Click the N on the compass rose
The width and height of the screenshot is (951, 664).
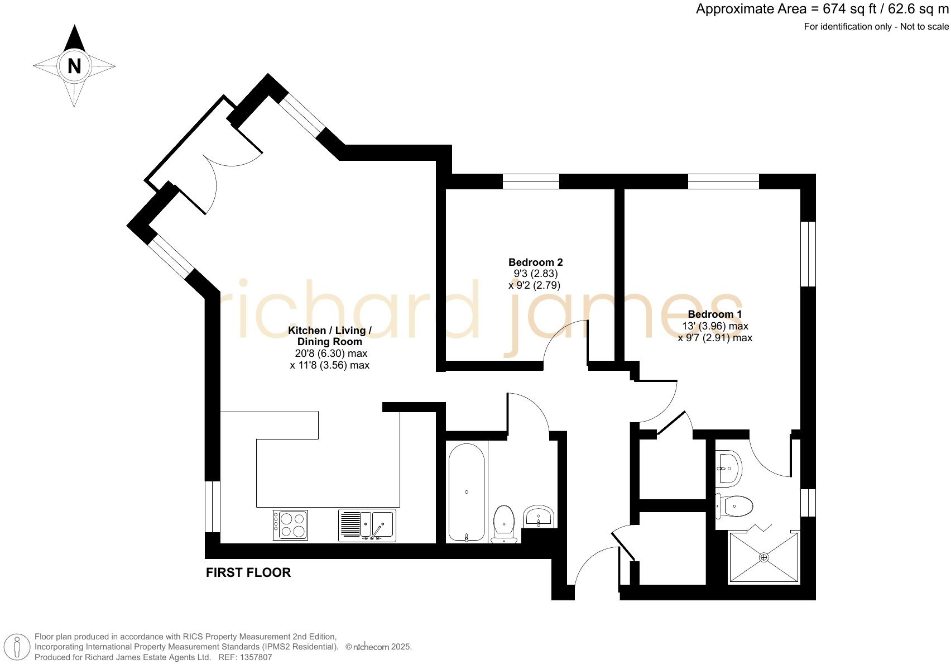(74, 66)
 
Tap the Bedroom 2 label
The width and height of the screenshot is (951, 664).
(535, 262)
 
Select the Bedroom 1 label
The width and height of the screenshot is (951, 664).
(714, 314)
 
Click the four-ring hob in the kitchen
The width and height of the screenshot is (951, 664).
(290, 525)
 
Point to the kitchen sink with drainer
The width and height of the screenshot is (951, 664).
(367, 526)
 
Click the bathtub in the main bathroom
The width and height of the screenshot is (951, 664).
(466, 492)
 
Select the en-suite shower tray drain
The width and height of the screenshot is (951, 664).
(764, 557)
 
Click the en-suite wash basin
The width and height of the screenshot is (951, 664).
(729, 468)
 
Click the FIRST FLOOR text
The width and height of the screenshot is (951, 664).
(248, 572)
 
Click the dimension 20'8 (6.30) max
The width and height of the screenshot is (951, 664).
(331, 354)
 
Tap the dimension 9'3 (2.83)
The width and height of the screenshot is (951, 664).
(535, 274)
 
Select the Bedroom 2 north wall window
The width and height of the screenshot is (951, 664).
(531, 181)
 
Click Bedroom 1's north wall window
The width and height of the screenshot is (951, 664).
(723, 181)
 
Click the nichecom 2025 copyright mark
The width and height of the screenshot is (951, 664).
(378, 647)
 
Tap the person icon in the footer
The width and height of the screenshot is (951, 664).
(17, 647)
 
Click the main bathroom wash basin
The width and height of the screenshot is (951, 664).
(539, 517)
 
